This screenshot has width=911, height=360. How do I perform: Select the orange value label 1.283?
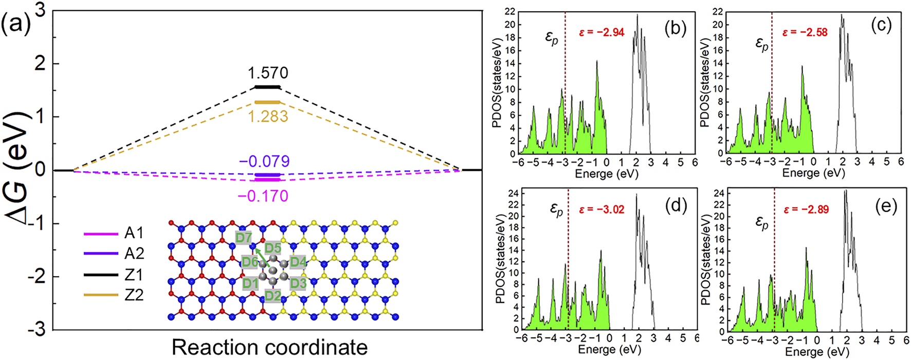pyautogui.click(x=267, y=116)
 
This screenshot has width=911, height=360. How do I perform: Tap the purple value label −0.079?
pyautogui.click(x=264, y=161)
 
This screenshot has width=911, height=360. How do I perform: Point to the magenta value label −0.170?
pyautogui.click(x=263, y=196)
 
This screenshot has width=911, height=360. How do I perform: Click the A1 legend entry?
pyautogui.click(x=134, y=233)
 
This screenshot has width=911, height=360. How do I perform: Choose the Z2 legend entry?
pyautogui.click(x=134, y=295)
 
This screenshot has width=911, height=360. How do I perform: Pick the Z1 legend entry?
pyautogui.click(x=134, y=275)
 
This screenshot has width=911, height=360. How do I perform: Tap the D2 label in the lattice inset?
pyautogui.click(x=273, y=295)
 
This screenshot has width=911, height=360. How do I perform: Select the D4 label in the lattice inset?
pyautogui.click(x=298, y=262)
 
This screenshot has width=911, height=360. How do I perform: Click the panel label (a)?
pyautogui.click(x=17, y=24)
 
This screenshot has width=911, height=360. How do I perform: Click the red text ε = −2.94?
pyautogui.click(x=602, y=32)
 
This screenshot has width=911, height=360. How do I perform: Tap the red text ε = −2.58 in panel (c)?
pyautogui.click(x=805, y=32)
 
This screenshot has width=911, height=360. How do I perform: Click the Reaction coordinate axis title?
pyautogui.click(x=269, y=348)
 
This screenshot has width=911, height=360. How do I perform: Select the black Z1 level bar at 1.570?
pyautogui.click(x=268, y=87)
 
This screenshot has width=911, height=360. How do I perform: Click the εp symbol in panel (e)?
pyautogui.click(x=762, y=223)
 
